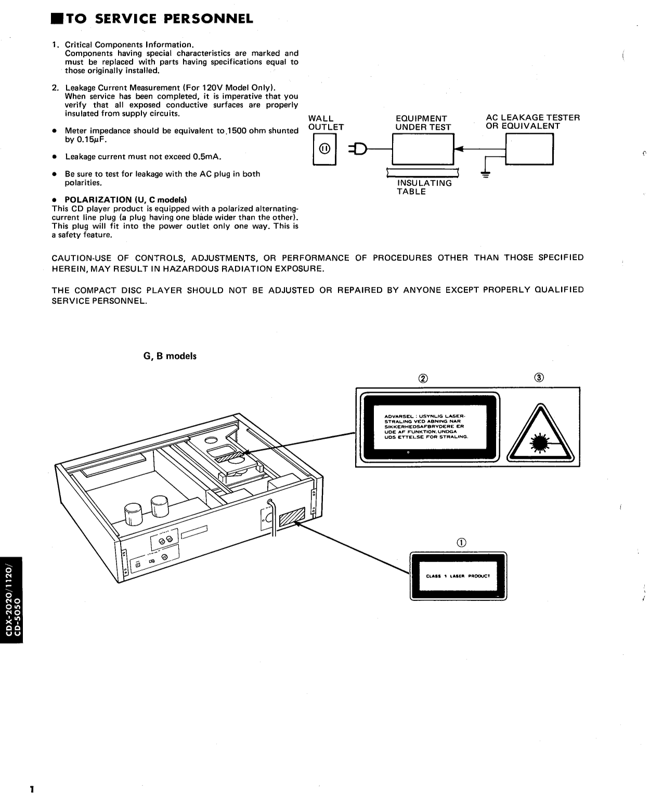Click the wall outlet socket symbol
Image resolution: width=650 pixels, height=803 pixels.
coord(324,150)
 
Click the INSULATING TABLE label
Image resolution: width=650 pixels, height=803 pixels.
coord(424,187)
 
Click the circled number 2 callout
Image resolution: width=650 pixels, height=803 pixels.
coord(424,378)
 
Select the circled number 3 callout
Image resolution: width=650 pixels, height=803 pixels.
coord(539,378)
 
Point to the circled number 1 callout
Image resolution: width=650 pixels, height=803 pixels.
coord(461,542)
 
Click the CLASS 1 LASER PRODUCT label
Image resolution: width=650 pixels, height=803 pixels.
coord(458,576)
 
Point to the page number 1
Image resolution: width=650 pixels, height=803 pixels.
coord(32,790)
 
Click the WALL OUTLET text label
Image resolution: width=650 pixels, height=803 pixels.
coord(326,123)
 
